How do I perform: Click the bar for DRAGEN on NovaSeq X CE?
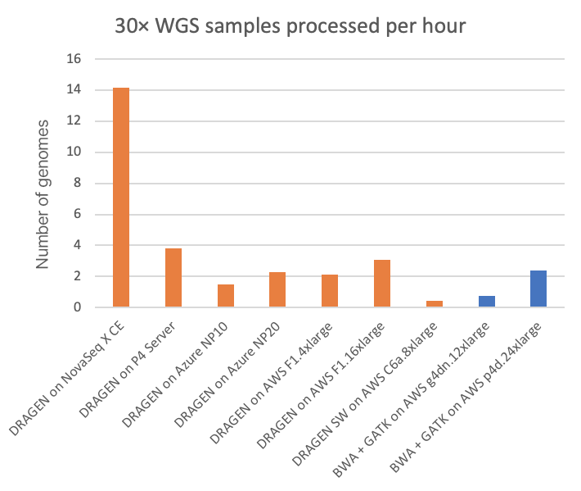(x=121, y=197)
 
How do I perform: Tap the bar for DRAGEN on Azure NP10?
(x=226, y=296)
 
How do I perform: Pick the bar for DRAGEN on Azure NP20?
(x=277, y=289)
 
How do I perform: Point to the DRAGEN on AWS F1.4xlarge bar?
(x=330, y=291)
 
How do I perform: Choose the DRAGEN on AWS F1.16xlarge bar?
(x=382, y=284)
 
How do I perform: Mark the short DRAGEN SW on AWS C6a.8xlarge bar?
(x=435, y=304)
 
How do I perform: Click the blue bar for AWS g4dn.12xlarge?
(x=487, y=302)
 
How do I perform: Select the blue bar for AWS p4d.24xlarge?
(x=538, y=289)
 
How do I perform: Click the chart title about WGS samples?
(x=290, y=26)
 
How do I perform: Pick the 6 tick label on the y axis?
(x=79, y=215)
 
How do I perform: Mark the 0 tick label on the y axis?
(x=79, y=307)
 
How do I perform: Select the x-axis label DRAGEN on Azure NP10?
(x=183, y=369)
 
